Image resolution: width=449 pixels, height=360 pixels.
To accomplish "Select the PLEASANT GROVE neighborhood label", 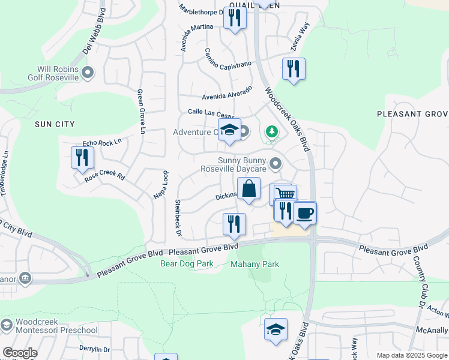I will click(x=412, y=114).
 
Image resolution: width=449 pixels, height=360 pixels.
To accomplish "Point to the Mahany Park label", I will click(x=255, y=263).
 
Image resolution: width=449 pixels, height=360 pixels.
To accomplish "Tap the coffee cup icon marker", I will click(x=305, y=212).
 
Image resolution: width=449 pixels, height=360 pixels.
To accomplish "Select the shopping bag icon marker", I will click(x=249, y=189).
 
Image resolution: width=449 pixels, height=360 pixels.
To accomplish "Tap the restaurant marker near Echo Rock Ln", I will click(x=81, y=158).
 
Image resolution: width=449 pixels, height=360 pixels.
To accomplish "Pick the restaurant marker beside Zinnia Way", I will click(x=294, y=68).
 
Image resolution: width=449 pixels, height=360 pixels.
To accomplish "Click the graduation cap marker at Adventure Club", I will click(x=229, y=131).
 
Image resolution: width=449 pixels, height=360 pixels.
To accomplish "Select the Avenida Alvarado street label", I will click(x=227, y=94).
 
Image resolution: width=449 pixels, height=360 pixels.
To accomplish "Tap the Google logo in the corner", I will click(x=20, y=352).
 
